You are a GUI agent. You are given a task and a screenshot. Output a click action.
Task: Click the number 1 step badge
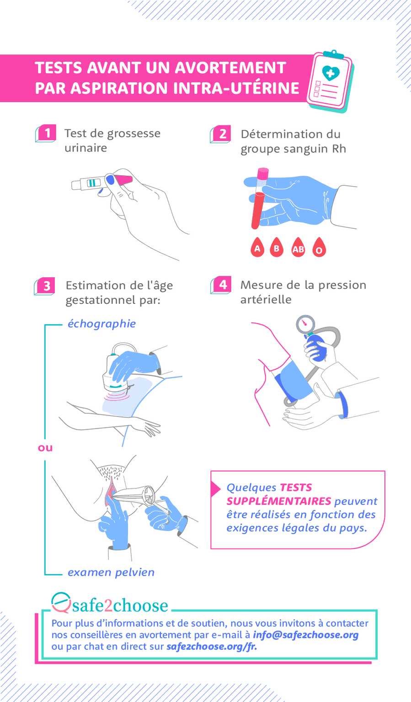click(x=47, y=133)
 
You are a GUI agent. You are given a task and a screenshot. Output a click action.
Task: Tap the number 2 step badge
click(x=222, y=134)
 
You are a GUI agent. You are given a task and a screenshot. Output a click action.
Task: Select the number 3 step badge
click(x=47, y=286)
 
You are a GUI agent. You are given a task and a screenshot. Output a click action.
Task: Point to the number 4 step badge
click(x=222, y=285)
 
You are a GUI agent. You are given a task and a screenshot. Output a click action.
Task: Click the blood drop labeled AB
click(x=298, y=248)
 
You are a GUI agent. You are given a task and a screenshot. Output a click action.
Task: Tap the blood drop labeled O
click(x=319, y=249)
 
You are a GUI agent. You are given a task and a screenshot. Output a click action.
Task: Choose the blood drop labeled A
click(x=257, y=248)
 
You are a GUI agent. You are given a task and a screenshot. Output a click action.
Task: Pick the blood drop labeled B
click(x=277, y=248)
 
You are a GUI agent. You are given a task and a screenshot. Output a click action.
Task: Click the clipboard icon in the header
click(x=330, y=81)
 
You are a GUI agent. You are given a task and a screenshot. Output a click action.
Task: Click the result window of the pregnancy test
click(x=94, y=183)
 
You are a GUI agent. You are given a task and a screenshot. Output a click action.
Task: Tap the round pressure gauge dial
click(x=304, y=324)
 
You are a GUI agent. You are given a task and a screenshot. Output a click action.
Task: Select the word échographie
click(x=101, y=324)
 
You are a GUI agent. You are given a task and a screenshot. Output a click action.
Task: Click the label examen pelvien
click(x=111, y=572)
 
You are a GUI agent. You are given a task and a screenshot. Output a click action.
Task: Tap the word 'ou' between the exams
click(x=45, y=448)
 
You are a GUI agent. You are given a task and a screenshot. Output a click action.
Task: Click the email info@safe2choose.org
click(x=305, y=635)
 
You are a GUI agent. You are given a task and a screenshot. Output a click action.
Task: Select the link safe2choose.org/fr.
click(x=211, y=646)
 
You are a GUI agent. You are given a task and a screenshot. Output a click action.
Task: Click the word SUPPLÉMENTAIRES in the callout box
click(x=278, y=501)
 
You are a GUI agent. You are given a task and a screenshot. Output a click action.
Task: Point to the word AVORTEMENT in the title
click(x=230, y=67)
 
